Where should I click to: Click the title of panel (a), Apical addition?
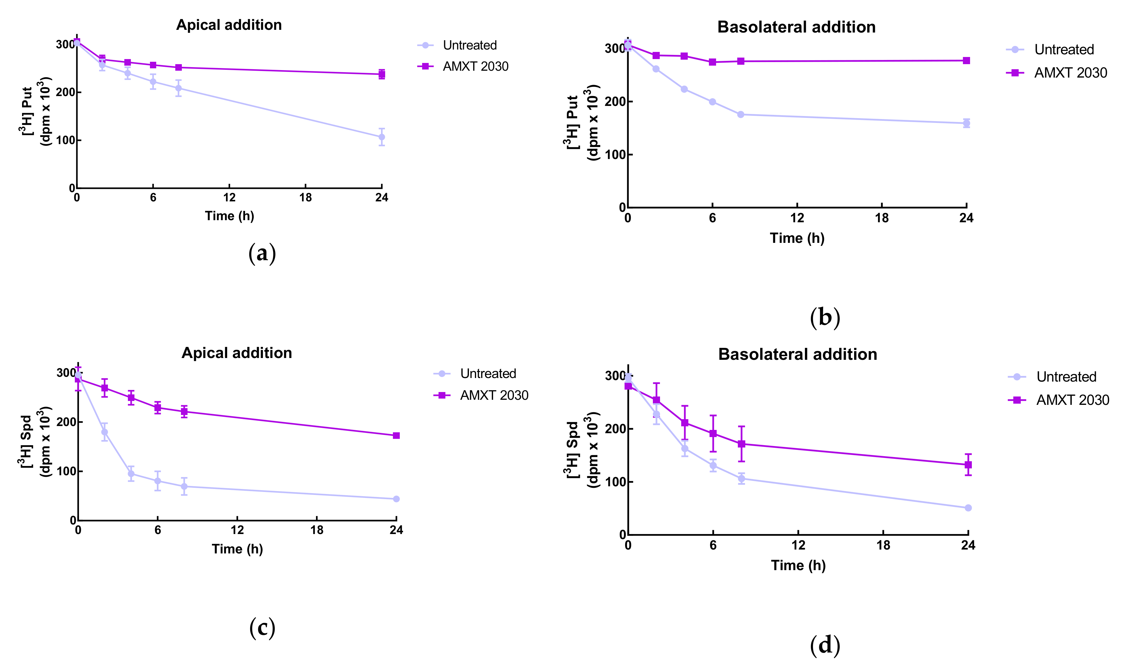click(229, 25)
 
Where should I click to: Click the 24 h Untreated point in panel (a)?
click(382, 137)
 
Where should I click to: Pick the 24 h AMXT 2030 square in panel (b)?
click(966, 61)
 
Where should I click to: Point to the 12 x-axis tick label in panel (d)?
click(798, 545)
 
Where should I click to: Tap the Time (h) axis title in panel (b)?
click(797, 238)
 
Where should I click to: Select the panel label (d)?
click(825, 645)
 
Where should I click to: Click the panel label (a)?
click(262, 254)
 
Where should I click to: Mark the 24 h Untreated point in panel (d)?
click(968, 508)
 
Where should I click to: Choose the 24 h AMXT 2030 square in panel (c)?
click(396, 436)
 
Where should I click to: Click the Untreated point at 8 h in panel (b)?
click(741, 115)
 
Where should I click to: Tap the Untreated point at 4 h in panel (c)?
click(131, 474)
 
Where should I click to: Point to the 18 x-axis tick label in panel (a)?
click(305, 198)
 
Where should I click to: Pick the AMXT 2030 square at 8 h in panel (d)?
click(741, 444)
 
